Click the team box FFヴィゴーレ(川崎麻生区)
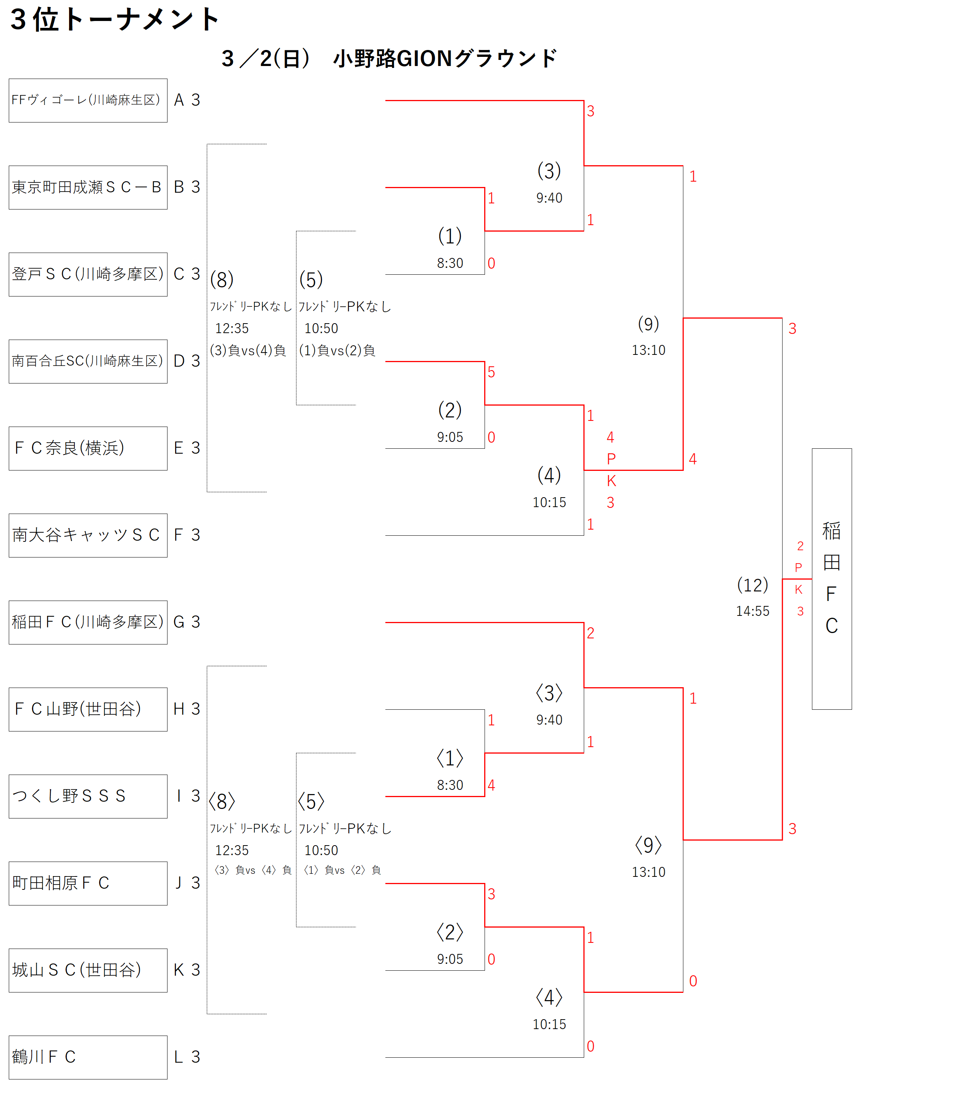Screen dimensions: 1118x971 (88, 100)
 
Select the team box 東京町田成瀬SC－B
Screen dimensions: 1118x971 (88, 187)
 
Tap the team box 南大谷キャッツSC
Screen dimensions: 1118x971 (88, 535)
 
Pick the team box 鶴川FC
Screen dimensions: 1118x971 (88, 1057)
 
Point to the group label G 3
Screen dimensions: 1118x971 (187, 622)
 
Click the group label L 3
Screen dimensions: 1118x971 (187, 1057)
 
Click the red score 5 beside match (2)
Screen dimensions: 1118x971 (491, 372)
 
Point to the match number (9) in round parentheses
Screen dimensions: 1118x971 (648, 324)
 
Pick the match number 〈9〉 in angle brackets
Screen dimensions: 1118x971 (648, 846)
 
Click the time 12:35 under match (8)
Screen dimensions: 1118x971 (232, 329)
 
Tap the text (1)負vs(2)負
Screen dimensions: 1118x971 (337, 351)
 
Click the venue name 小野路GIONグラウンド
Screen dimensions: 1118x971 (445, 58)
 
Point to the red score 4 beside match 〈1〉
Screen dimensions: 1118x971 (491, 785)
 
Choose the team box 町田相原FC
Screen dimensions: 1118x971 (88, 883)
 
